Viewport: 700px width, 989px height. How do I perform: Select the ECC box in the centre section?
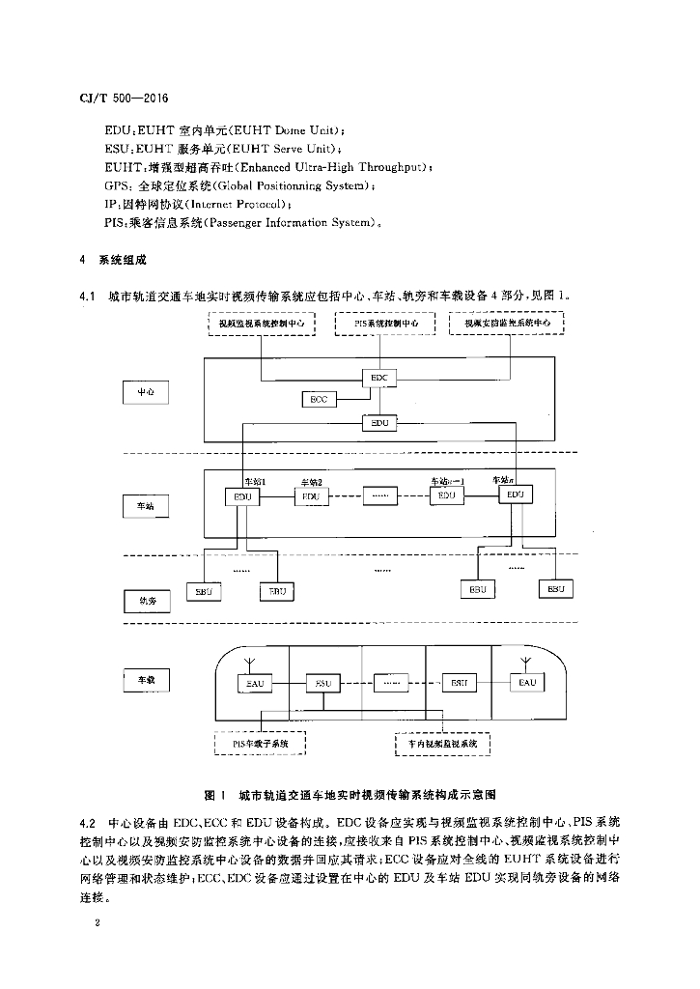click(x=318, y=399)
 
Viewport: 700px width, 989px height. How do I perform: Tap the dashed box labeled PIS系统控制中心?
click(x=386, y=325)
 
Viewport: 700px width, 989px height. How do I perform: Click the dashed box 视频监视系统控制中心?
click(x=263, y=325)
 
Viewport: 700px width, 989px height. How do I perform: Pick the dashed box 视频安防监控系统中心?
click(x=507, y=325)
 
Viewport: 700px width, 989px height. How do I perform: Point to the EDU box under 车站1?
click(x=242, y=495)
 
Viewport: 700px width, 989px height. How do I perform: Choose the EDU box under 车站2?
click(x=310, y=495)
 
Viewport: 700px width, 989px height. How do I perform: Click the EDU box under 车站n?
click(x=515, y=494)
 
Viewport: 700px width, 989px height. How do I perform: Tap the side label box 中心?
click(x=146, y=392)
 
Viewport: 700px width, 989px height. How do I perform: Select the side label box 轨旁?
click(x=148, y=601)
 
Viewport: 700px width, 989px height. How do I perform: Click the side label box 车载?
click(x=146, y=681)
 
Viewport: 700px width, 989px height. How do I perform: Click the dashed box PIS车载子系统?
click(x=260, y=744)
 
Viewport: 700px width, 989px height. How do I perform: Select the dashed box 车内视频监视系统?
click(x=443, y=744)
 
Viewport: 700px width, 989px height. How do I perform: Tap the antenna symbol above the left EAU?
click(x=249, y=664)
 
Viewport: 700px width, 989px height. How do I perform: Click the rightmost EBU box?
click(x=555, y=588)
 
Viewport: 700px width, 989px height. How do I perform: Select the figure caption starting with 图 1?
click(x=350, y=794)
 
